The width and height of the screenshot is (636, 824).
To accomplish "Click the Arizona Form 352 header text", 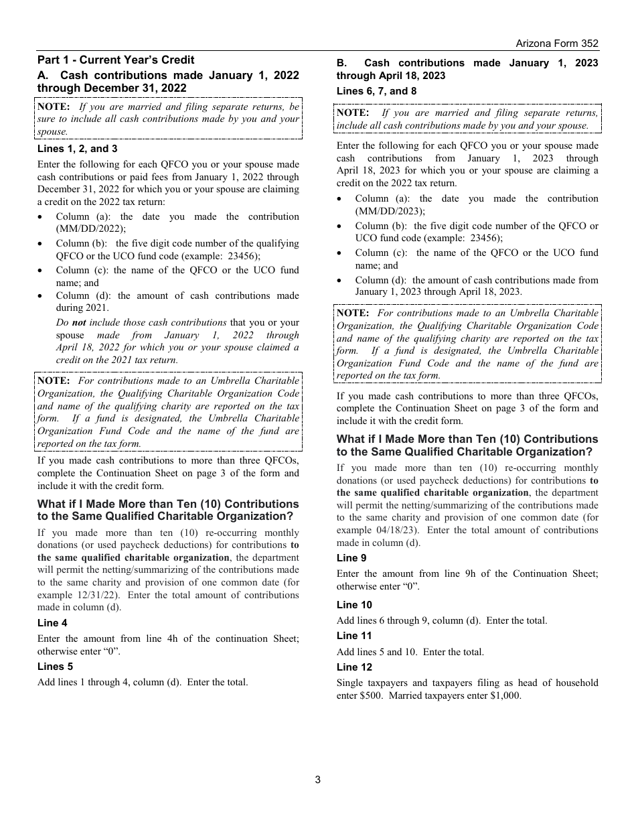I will pos(557,44).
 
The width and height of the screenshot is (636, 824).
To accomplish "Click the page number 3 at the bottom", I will pos(318,779).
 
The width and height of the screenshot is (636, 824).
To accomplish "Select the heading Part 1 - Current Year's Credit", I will pos(116,60).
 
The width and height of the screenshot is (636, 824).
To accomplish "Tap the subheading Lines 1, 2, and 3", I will pos(77,149).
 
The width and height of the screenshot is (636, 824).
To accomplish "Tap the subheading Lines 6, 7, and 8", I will pos(376,91).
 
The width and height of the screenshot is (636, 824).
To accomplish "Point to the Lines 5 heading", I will pos(55,667).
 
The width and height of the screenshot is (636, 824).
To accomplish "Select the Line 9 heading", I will pos(351,558).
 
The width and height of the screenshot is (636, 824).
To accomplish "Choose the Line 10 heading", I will pos(354,605).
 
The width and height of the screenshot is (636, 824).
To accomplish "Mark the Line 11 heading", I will pos(354,636).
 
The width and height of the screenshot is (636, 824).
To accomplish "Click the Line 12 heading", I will pos(354,667).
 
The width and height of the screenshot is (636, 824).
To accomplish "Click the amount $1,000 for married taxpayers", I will pos(507,695).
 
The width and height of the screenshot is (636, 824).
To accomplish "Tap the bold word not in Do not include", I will pos(79,322).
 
